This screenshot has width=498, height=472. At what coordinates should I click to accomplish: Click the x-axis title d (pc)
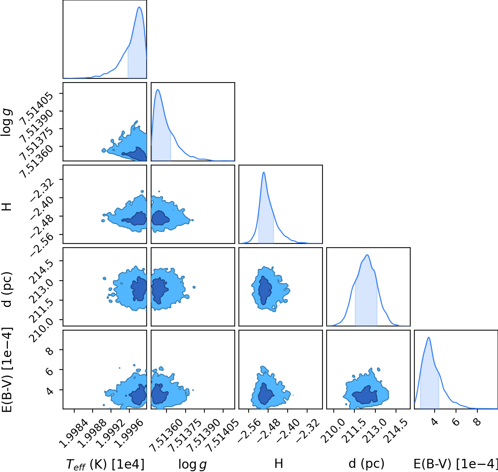pyautogui.click(x=366, y=463)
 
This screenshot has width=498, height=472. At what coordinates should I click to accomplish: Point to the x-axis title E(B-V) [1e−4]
pyautogui.click(x=456, y=464)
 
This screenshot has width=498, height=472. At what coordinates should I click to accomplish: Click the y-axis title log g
pyautogui.click(x=6, y=122)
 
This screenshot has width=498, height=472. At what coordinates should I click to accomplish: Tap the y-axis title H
pyautogui.click(x=7, y=207)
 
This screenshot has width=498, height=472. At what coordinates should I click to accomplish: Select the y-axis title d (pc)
pyautogui.click(x=7, y=289)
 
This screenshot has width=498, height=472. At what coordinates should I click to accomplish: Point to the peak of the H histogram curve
pyautogui.click(x=264, y=172)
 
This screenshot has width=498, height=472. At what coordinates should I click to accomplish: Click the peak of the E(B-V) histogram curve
pyautogui.click(x=429, y=337)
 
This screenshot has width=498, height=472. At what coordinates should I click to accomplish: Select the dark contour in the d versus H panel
pyautogui.click(x=265, y=290)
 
